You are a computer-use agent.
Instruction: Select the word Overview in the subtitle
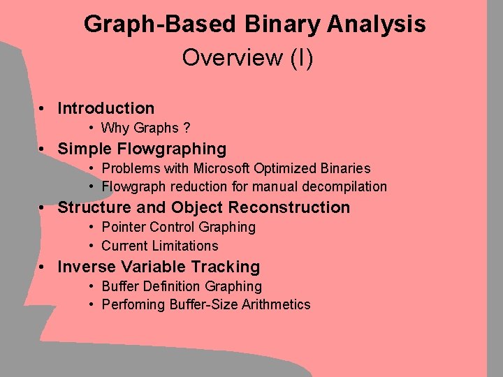[230, 57]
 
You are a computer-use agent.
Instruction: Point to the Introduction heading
[105, 108]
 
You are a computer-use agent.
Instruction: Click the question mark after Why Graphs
[187, 128]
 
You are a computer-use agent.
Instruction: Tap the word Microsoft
[221, 168]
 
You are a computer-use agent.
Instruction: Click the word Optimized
[287, 168]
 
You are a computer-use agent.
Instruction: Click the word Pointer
[124, 227]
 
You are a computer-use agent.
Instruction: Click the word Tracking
[228, 267]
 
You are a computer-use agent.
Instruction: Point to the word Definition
[172, 286]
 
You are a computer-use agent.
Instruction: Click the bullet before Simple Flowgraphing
[43, 149]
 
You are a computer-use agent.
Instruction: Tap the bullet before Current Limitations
[92, 246]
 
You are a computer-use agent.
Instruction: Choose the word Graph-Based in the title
[160, 24]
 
